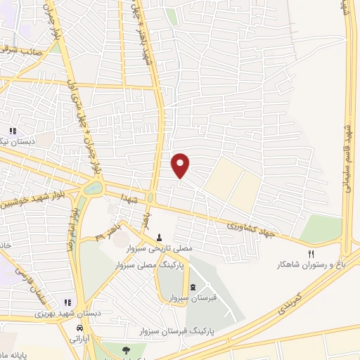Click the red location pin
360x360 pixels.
181,165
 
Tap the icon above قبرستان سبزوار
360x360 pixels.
193,287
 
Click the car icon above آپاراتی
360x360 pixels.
79,328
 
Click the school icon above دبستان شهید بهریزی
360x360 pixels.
67,302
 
